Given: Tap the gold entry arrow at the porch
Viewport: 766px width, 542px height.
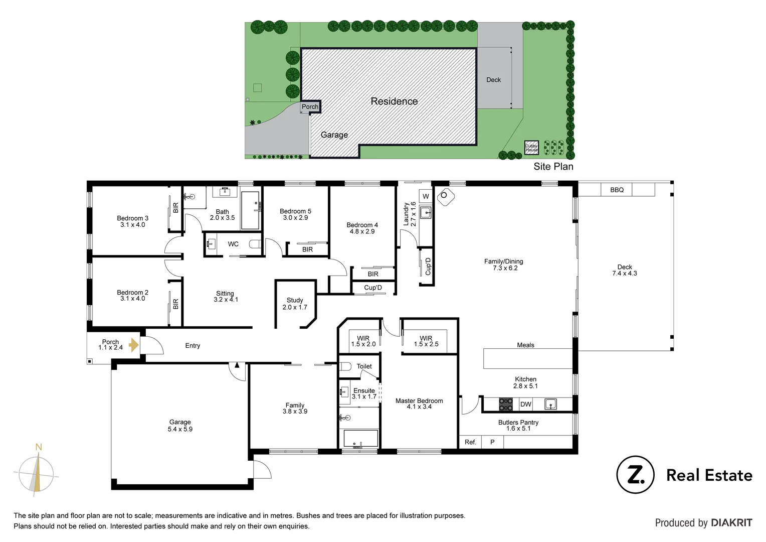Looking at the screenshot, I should pos(133,345).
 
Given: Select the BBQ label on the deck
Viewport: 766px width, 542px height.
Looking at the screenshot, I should pos(617,190).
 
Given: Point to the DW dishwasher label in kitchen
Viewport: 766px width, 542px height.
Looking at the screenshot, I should pos(525,404).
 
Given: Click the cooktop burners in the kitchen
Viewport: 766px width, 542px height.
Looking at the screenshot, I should pos(506,404).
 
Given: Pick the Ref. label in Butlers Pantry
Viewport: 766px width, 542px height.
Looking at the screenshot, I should pos(470,442).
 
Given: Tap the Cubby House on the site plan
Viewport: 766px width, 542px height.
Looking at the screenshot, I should pos(531,148).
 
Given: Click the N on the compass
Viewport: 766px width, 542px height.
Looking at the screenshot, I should pos(39,447).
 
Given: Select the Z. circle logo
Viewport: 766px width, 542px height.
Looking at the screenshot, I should pos(635,475).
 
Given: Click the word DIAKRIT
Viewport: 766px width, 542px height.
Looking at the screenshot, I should pos(731,523).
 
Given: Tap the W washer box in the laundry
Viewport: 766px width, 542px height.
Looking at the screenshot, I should pos(426,196).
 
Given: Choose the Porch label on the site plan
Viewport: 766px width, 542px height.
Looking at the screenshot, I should pos(310,107).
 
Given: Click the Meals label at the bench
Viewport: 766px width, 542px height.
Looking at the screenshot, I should pos(525,345).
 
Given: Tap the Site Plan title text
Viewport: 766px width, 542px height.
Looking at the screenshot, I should pos(553,167).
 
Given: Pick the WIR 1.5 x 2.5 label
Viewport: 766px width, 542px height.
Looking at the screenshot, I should pos(426,341).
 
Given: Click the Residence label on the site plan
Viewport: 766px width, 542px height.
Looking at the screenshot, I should pos(394,101).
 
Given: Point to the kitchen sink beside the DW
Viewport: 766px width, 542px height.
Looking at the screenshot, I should pos(550,404).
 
